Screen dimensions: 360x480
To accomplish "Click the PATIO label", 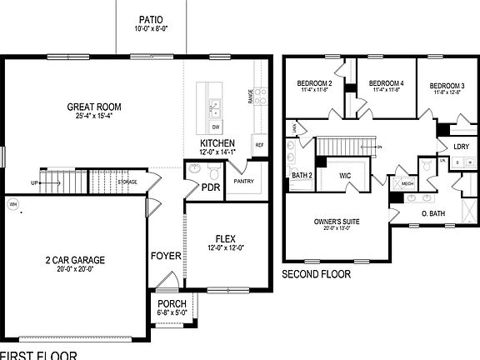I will point(152,18).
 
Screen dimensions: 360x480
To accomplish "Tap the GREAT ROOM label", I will point(94,107).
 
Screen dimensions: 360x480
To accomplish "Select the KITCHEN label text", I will point(217,143).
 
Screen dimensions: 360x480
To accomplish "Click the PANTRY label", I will point(243,181).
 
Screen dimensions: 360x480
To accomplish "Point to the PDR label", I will point(210,187).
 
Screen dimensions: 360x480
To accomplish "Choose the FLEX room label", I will point(227,237).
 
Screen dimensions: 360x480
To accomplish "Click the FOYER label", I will point(166,256).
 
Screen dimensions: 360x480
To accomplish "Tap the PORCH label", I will point(172,304).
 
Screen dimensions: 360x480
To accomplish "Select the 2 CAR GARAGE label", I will point(75,260).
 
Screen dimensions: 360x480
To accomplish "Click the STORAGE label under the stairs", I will point(127,182).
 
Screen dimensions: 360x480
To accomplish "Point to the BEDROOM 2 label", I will point(314,83).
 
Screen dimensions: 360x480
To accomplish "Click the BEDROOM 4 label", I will point(386,83).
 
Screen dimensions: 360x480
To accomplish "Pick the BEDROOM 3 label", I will point(447,86).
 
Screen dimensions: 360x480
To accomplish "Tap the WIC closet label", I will point(347,176).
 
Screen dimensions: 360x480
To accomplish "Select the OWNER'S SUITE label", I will point(336,222).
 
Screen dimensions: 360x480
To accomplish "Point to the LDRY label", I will point(461,147).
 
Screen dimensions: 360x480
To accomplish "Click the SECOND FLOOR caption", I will point(316,274).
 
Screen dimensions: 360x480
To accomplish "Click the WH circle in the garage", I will point(12,203).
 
